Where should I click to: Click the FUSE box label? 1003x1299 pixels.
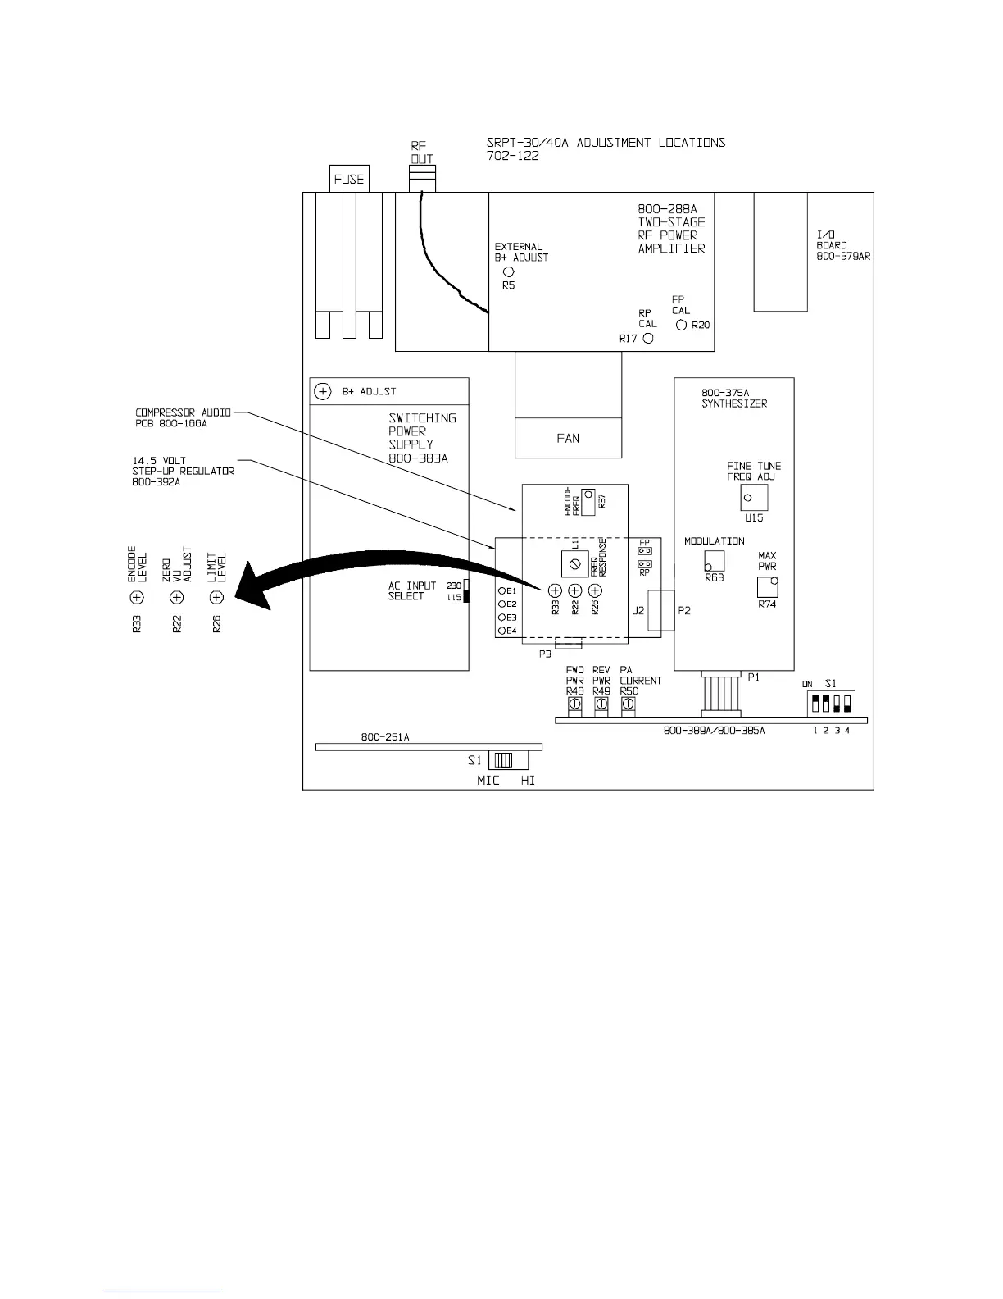[348, 179]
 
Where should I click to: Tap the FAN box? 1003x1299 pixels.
[567, 438]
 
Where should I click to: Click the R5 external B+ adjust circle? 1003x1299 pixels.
[508, 271]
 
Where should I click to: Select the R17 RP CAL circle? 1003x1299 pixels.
[648, 338]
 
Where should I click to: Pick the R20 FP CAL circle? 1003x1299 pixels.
[682, 325]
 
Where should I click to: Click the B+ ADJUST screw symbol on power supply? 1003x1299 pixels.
[323, 391]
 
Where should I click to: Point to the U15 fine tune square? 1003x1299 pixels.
[754, 497]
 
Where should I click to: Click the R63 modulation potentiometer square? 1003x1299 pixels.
[714, 559]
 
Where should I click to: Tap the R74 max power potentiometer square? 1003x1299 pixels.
[767, 586]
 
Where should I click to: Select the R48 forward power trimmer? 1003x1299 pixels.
[575, 704]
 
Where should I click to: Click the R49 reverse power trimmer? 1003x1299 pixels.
[601, 704]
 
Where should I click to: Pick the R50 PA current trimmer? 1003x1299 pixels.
[629, 704]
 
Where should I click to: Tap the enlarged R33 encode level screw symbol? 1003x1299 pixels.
[137, 598]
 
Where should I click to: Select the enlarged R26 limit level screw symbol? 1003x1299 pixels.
[216, 598]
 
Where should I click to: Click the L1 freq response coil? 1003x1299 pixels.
[574, 563]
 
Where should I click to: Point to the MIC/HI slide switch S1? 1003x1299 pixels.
[502, 760]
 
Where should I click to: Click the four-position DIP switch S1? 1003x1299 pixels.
[831, 704]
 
